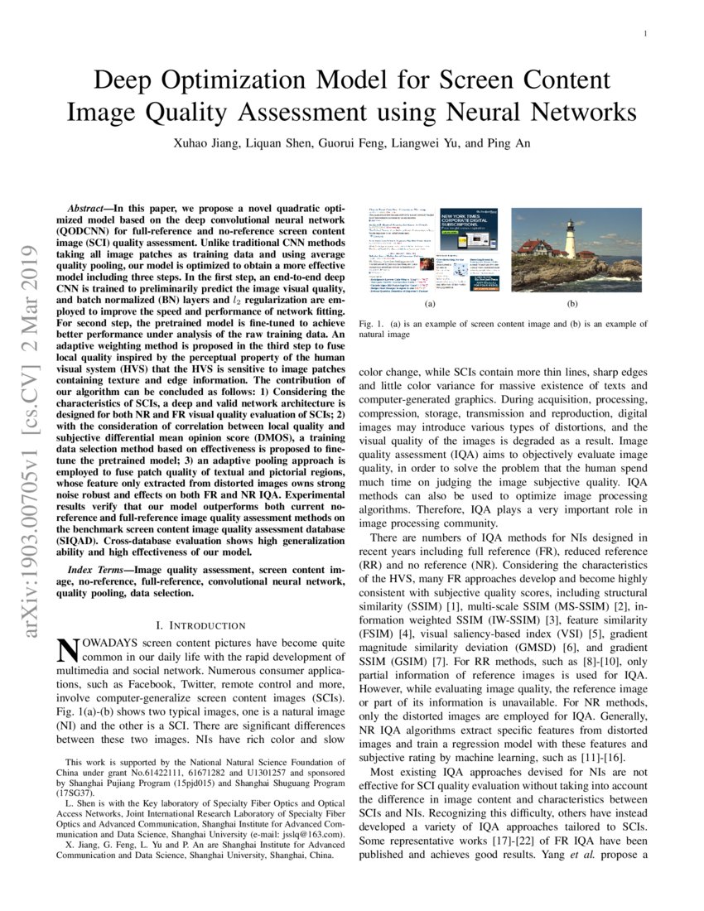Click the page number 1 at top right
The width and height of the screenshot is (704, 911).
644,33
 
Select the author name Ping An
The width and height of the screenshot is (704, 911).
507,142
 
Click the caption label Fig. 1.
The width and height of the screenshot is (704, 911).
372,325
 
